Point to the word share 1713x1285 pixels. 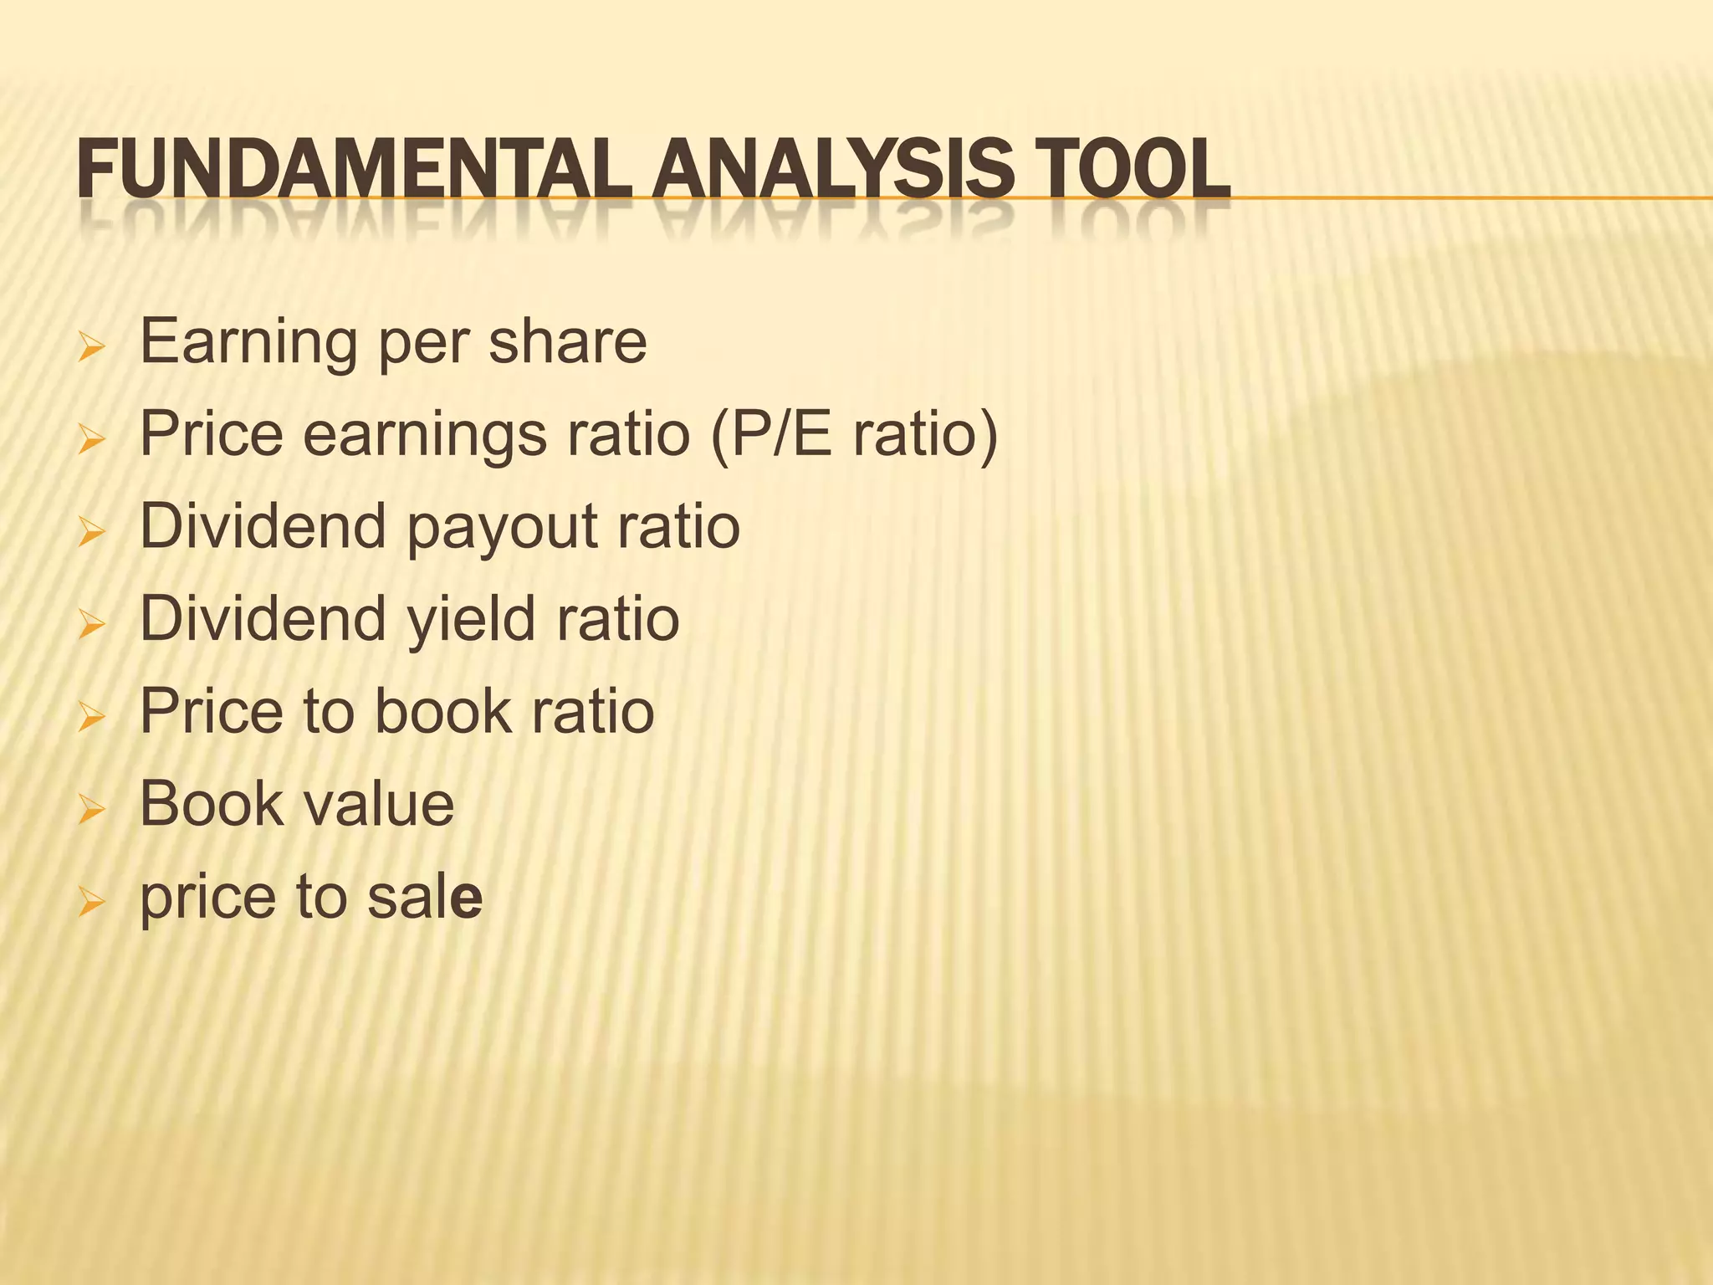[568, 342]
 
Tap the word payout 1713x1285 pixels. [503, 527]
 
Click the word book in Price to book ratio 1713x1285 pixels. [443, 712]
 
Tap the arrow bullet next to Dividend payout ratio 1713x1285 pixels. [90, 530]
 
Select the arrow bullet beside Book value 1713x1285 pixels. [90, 807]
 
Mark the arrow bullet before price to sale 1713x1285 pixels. [90, 900]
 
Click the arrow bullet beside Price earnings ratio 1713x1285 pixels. [90, 438]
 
